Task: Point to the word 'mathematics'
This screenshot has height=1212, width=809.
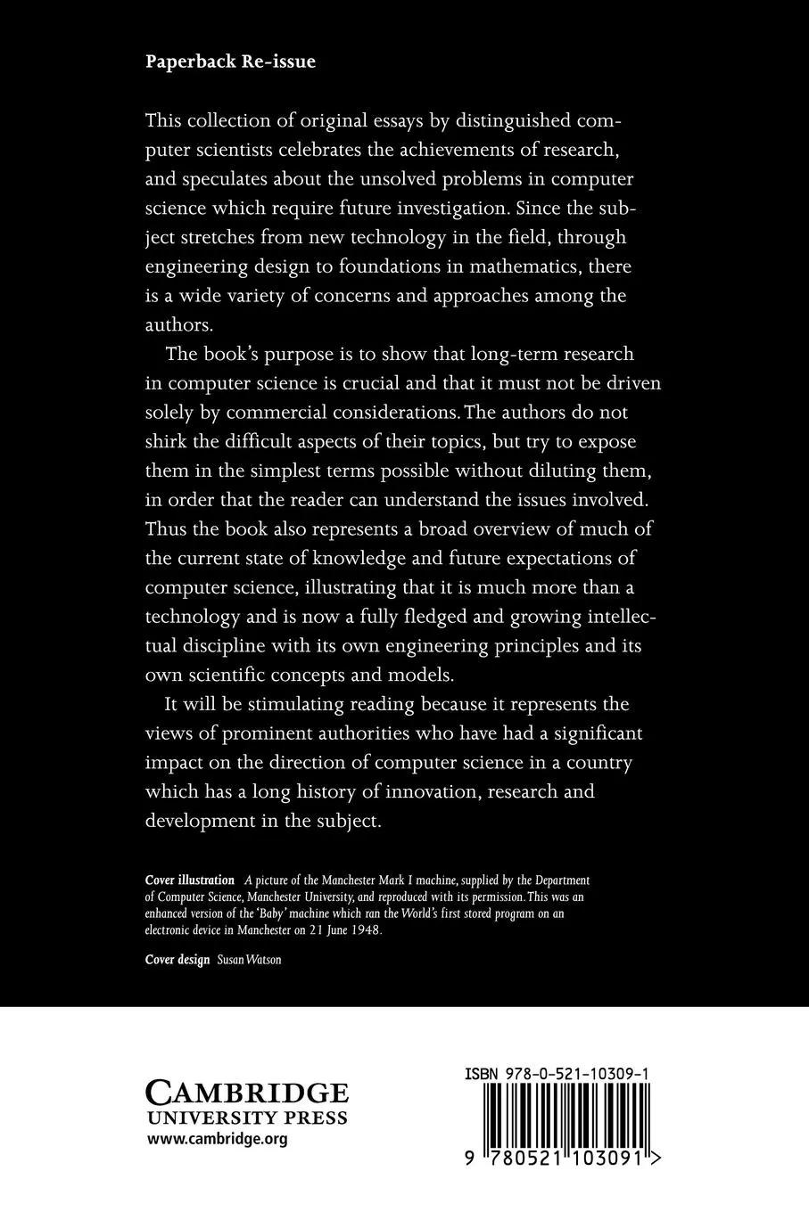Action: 514,266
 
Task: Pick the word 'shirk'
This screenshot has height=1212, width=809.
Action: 169,442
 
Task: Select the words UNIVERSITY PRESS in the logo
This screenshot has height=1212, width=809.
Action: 247,1118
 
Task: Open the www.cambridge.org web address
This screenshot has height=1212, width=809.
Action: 217,1139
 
